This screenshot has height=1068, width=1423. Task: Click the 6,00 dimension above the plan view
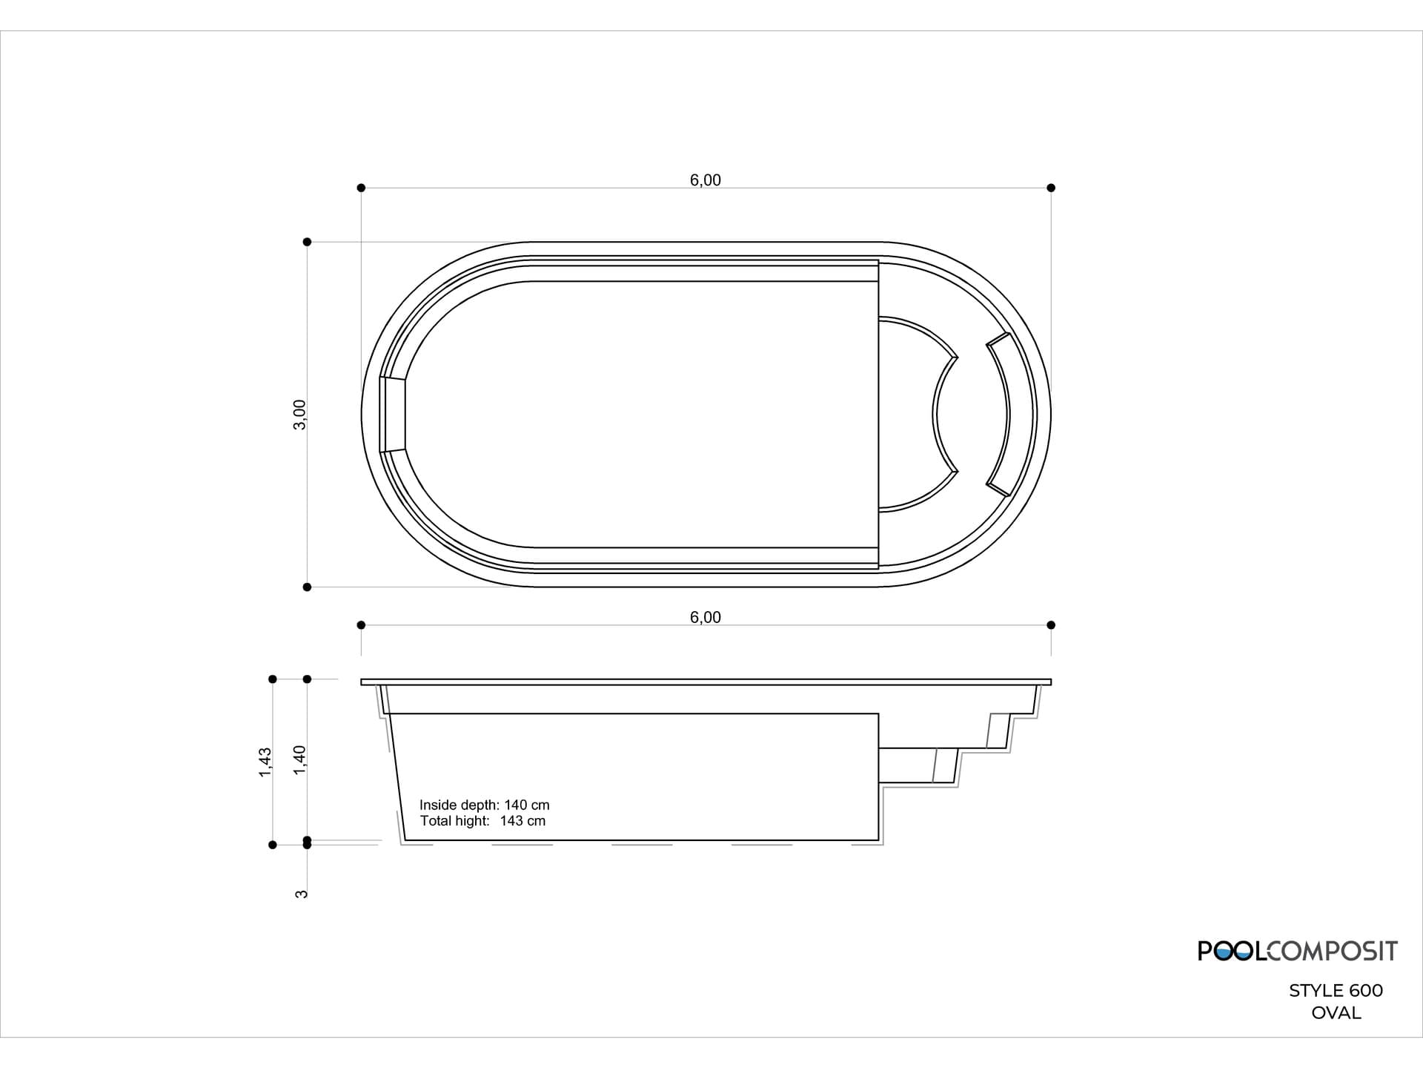705,180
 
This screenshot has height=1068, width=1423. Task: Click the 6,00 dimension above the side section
705,617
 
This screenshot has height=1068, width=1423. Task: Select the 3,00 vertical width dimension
299,414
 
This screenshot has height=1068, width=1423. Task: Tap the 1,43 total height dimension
265,762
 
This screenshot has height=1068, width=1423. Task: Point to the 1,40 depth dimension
299,760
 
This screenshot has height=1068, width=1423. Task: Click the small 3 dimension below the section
301,894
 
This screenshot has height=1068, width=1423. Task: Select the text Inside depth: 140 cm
484,805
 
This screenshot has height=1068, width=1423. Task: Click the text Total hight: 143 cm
482,821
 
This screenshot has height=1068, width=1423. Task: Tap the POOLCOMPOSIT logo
1297,951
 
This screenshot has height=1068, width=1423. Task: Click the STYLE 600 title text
1336,990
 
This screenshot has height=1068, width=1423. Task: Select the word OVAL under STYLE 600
1336,1012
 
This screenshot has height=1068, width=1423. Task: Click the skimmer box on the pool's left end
393,414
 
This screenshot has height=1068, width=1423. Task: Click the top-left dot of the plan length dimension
361,188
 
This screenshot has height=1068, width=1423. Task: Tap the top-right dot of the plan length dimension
1051,188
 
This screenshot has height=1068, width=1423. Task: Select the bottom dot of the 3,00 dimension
307,587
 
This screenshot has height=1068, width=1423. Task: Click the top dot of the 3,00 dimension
307,242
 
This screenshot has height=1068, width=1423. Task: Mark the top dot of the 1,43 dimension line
273,679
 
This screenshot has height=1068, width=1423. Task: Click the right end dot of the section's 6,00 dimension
1051,625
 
